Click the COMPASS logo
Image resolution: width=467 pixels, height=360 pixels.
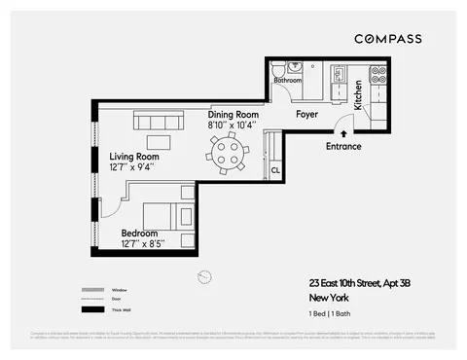pyautogui.click(x=387, y=38)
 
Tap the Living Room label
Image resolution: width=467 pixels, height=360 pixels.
pyautogui.click(x=134, y=156)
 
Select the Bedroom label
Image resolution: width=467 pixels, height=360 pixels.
pyautogui.click(x=141, y=234)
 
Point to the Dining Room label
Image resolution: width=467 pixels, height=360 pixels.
pyautogui.click(x=233, y=115)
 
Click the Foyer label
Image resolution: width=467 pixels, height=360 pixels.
pyautogui.click(x=307, y=115)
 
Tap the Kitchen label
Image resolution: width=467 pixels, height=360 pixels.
pyautogui.click(x=358, y=94)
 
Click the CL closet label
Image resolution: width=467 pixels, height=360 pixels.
pyautogui.click(x=276, y=168)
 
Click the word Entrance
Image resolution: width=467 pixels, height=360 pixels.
pyautogui.click(x=343, y=147)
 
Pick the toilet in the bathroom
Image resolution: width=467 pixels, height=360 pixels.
pyautogui.click(x=278, y=70)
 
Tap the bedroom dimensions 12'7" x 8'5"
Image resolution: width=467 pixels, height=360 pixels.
pyautogui.click(x=143, y=244)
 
